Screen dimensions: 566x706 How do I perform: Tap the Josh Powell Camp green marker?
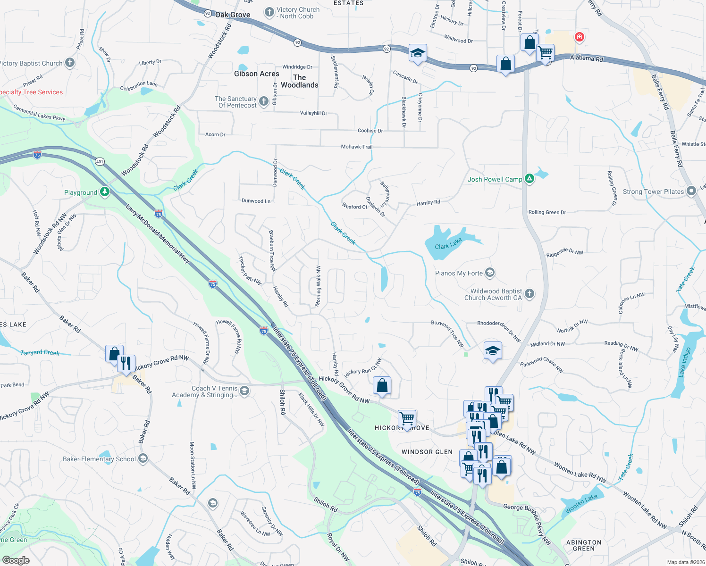click(529, 179)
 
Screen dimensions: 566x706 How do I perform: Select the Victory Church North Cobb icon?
click(269, 12)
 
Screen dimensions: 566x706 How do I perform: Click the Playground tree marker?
click(105, 191)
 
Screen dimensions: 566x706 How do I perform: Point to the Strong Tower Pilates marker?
click(691, 191)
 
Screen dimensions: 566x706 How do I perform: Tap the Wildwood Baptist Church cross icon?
click(529, 294)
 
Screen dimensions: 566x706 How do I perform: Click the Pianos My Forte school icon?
click(490, 273)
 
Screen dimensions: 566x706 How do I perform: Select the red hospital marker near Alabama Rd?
click(579, 37)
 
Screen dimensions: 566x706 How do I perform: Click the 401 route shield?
click(100, 161)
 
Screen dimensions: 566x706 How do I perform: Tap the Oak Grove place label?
click(233, 15)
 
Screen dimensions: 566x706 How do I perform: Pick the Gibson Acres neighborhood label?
click(256, 74)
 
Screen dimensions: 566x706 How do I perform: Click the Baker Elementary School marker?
click(143, 458)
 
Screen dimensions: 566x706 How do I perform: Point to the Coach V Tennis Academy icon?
click(244, 391)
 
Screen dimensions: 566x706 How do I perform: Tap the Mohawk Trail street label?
click(357, 147)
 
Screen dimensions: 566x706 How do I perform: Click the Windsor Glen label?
click(427, 452)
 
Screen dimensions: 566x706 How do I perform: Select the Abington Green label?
click(583, 546)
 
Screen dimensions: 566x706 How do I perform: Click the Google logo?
click(16, 560)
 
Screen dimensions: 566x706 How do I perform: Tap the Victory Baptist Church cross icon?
click(69, 62)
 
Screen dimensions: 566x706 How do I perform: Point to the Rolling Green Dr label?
click(547, 212)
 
